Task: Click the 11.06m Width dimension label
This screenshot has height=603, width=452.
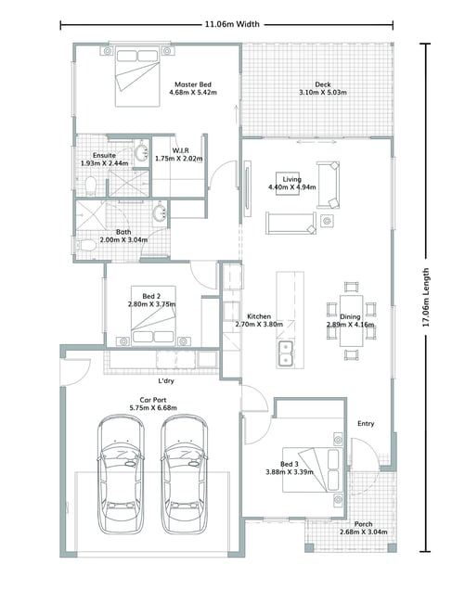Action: pyautogui.click(x=232, y=24)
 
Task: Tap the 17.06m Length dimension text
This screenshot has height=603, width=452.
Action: pyautogui.click(x=426, y=297)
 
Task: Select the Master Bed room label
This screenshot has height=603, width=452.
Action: pyautogui.click(x=193, y=84)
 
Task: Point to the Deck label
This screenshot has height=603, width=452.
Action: pyautogui.click(x=323, y=84)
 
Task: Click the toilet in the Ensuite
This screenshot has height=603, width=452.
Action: pyautogui.click(x=91, y=186)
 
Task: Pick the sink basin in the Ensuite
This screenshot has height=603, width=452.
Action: pyautogui.click(x=142, y=152)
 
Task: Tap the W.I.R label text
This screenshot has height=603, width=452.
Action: pyautogui.click(x=180, y=150)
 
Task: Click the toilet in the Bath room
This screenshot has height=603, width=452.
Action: pyautogui.click(x=86, y=245)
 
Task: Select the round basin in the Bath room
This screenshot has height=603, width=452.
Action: pyautogui.click(x=160, y=212)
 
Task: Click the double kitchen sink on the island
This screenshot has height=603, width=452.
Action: pyautogui.click(x=286, y=353)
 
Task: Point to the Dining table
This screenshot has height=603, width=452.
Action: pyautogui.click(x=351, y=320)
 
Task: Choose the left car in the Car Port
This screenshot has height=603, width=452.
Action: pyautogui.click(x=121, y=474)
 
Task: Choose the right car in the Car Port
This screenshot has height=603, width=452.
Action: pyautogui.click(x=185, y=474)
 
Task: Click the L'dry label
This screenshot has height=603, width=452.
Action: pyautogui.click(x=166, y=380)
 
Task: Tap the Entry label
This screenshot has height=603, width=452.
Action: pyautogui.click(x=366, y=423)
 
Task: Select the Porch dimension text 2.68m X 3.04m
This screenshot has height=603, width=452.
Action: pyautogui.click(x=364, y=532)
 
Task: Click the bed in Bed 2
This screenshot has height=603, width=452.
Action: pyautogui.click(x=153, y=315)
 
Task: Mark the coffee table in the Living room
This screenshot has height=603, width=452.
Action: pyautogui.click(x=288, y=184)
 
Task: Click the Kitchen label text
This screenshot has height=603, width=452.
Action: pyautogui.click(x=259, y=316)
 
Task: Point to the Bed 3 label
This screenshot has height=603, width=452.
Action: pyautogui.click(x=290, y=464)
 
